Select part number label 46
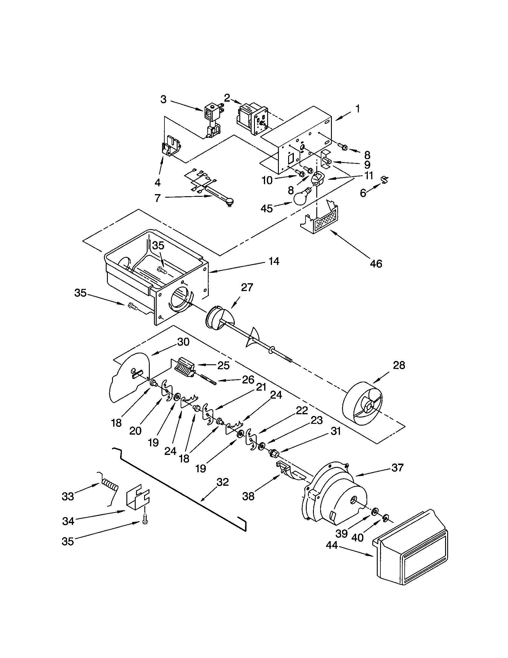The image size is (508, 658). (376, 263)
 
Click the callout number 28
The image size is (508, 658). (399, 365)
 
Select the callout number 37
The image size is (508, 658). (397, 467)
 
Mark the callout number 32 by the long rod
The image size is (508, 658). (223, 482)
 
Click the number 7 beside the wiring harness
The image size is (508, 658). (157, 198)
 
